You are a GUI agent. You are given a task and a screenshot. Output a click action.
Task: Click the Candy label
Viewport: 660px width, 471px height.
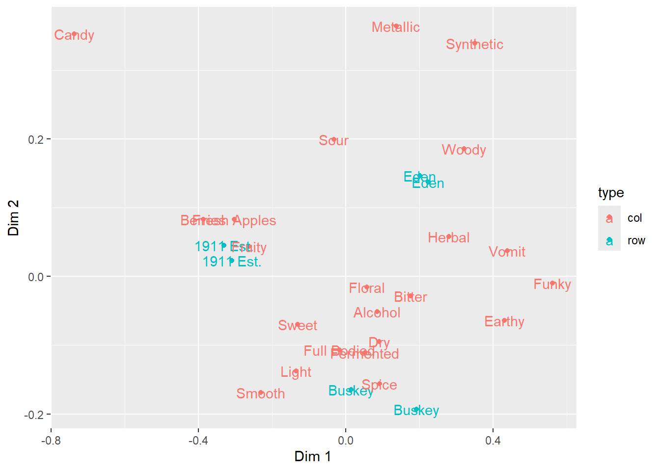[x=74, y=35]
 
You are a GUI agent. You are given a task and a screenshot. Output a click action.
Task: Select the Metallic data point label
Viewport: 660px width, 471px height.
[x=395, y=27]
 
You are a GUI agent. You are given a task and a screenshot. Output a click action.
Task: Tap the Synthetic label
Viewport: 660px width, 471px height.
[x=474, y=44]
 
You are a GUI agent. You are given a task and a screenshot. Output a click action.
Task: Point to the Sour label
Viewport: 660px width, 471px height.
[x=333, y=140]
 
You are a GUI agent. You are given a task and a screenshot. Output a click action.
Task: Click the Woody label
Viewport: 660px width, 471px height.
[x=464, y=150]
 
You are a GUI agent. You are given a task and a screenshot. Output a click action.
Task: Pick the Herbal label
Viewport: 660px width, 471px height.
[x=448, y=237]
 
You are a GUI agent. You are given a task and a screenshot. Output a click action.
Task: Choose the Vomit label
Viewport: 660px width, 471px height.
[x=507, y=252]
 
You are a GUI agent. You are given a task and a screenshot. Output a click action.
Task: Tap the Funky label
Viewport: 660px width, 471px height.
[x=552, y=284]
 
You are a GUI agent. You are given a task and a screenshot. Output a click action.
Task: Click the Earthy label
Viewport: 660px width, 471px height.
[x=504, y=321]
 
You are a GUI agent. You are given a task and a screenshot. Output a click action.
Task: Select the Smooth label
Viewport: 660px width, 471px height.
[x=260, y=393]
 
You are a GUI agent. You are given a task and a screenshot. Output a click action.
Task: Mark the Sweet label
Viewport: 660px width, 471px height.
[x=297, y=325]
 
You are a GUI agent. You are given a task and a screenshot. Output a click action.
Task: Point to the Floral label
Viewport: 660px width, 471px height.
[x=366, y=288]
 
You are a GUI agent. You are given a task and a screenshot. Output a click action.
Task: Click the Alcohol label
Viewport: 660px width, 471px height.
[x=377, y=313]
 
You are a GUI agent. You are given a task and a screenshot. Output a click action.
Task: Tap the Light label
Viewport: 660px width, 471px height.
[x=296, y=372]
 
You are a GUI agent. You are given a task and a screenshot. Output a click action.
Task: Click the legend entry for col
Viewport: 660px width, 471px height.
[x=634, y=218]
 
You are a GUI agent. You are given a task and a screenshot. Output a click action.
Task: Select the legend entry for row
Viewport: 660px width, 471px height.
[x=636, y=240]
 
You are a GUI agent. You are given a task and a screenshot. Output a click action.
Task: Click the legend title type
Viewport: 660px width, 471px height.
[x=611, y=193]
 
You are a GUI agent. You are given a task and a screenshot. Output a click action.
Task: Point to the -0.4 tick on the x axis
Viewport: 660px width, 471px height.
[x=198, y=440]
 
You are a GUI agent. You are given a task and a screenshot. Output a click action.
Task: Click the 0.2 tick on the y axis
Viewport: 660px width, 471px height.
[x=36, y=139]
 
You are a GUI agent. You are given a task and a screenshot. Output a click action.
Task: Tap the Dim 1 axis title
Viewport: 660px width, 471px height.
[x=313, y=456]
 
